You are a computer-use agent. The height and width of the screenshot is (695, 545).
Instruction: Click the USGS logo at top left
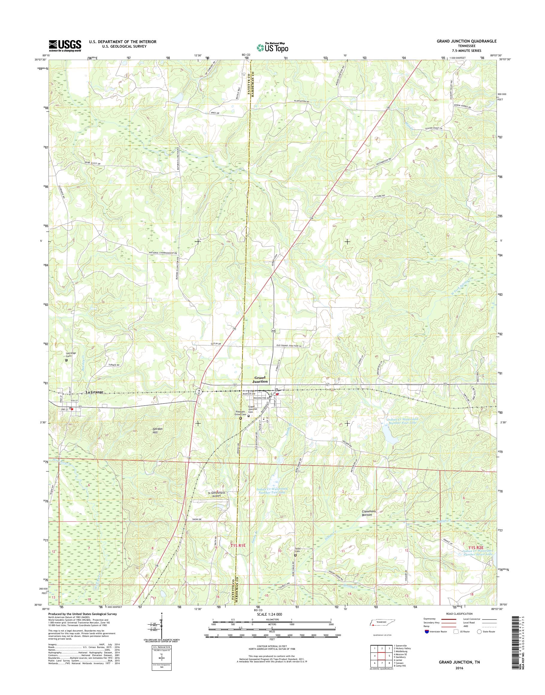pyautogui.click(x=65, y=46)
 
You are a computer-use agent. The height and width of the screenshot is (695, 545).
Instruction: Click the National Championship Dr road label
pyautogui.click(x=163, y=253)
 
